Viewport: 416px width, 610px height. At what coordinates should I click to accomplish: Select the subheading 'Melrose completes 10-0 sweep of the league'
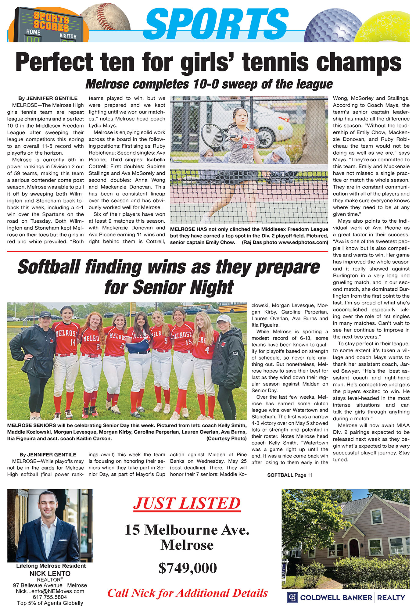click(x=209, y=84)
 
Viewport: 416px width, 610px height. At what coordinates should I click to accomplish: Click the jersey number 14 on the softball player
click(x=73, y=342)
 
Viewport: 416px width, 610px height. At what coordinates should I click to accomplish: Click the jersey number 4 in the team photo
click(x=207, y=350)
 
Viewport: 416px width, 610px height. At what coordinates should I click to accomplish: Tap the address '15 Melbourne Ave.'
click(x=187, y=530)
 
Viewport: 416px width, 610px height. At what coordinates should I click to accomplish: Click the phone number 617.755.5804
click(x=50, y=597)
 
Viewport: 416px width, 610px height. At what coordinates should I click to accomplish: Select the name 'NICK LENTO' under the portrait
click(x=50, y=573)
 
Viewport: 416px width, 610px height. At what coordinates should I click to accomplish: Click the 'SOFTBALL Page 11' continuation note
click(x=289, y=475)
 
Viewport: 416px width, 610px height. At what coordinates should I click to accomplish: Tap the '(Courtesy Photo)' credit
click(x=226, y=438)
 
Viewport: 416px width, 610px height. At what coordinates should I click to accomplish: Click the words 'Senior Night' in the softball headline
click(x=169, y=287)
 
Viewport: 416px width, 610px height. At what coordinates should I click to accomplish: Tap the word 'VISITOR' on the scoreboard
click(x=68, y=36)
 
